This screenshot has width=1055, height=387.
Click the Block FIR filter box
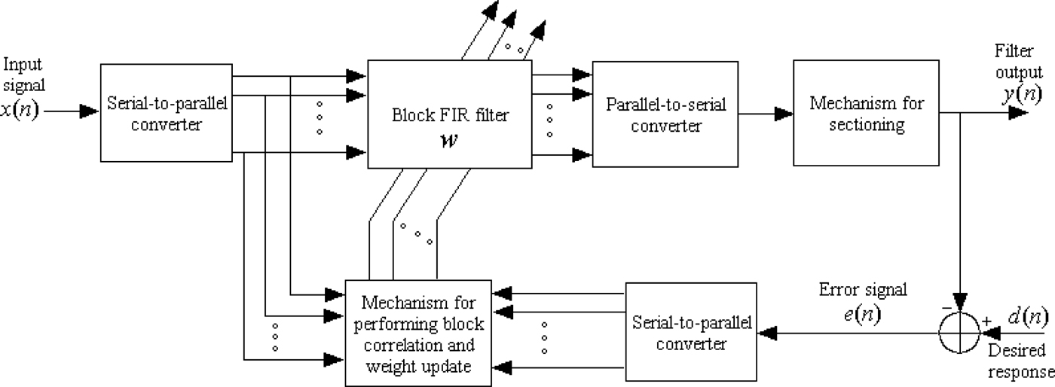click(450, 114)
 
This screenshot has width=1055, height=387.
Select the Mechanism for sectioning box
click(866, 113)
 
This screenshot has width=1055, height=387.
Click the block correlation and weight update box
click(418, 331)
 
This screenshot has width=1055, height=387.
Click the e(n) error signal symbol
click(864, 314)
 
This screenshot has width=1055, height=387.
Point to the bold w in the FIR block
click(451, 140)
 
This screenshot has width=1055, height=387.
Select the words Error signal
click(863, 290)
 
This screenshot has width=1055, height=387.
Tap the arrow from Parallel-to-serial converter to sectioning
click(766, 114)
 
